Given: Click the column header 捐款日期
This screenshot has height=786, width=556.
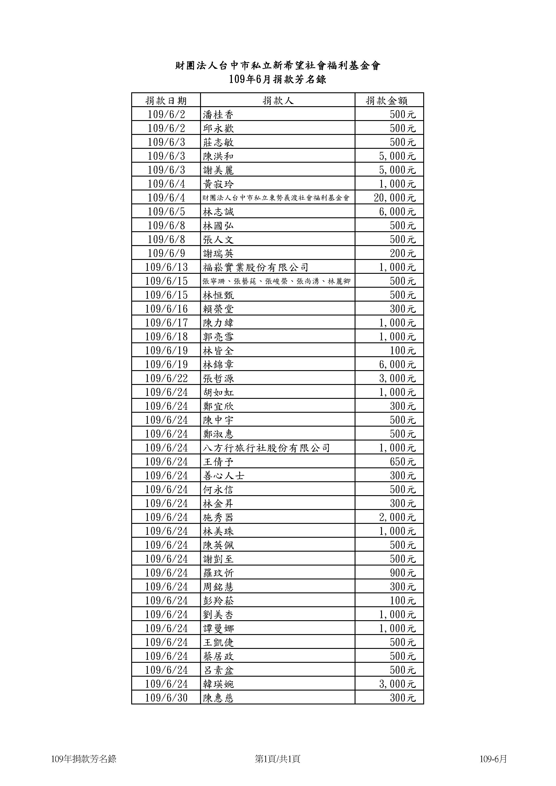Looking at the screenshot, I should point(166,101).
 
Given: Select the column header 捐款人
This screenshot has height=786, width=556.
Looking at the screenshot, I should point(278,101).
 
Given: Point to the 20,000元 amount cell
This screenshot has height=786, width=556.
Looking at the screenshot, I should point(395,198).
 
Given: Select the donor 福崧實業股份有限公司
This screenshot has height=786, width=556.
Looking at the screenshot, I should point(255,267).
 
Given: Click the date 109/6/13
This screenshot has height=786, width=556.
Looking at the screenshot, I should point(166,267).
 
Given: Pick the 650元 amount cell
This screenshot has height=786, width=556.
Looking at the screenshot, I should point(403,462).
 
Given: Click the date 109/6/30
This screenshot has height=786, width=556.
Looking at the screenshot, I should point(166,698).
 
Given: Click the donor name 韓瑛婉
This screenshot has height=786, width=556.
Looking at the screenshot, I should point(218,684).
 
